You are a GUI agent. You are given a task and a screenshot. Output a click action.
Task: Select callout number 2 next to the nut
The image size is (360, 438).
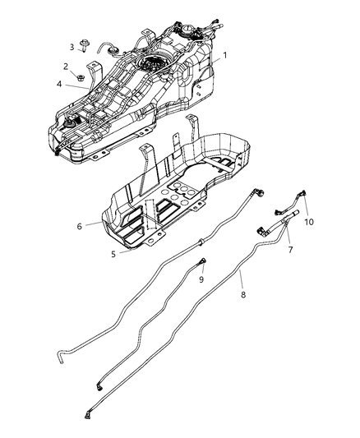click(66, 66)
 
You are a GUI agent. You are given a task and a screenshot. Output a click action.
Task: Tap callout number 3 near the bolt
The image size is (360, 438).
click(72, 47)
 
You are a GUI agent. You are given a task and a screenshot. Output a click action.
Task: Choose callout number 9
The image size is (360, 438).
click(201, 279)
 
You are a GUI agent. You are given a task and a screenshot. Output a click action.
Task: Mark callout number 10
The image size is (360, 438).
click(309, 222)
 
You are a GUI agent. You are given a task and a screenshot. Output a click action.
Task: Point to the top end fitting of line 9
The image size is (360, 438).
click(201, 263)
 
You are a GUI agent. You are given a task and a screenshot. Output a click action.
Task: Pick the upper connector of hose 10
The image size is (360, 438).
click(304, 195)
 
